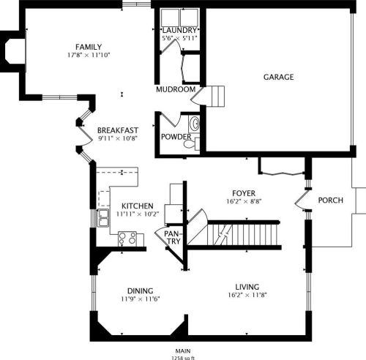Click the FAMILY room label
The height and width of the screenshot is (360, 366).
point(89,47)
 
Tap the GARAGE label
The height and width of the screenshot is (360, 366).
point(278,77)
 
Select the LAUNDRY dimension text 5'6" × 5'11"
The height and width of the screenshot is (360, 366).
point(179,38)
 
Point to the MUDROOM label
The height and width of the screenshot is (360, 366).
point(176,89)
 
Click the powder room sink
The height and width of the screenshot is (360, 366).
point(195,124)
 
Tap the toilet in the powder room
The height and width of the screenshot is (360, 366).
point(192,144)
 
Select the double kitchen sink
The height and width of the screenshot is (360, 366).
point(103,218)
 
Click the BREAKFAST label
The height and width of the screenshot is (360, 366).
point(118,130)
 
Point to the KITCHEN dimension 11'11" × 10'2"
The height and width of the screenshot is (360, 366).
point(138,214)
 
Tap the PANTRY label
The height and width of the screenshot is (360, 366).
point(172,238)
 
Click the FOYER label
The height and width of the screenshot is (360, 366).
point(244,193)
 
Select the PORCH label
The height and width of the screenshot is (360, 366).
point(331,200)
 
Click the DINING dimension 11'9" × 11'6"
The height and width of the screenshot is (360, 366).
point(141,299)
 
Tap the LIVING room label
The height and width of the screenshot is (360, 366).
point(247,287)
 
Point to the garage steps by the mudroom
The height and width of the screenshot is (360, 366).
point(215,96)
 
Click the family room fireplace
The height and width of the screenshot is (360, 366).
point(12,51)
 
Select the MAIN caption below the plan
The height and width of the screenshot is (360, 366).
point(183,351)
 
